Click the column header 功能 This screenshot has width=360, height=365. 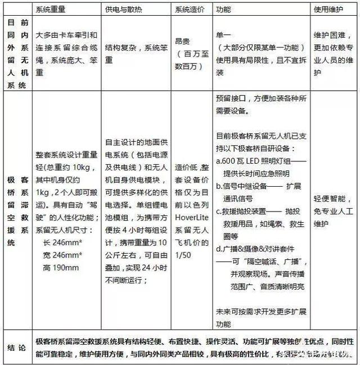tap(223, 10)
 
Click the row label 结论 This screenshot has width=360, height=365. tap(16, 347)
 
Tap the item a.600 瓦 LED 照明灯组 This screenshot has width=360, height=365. tap(256, 161)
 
